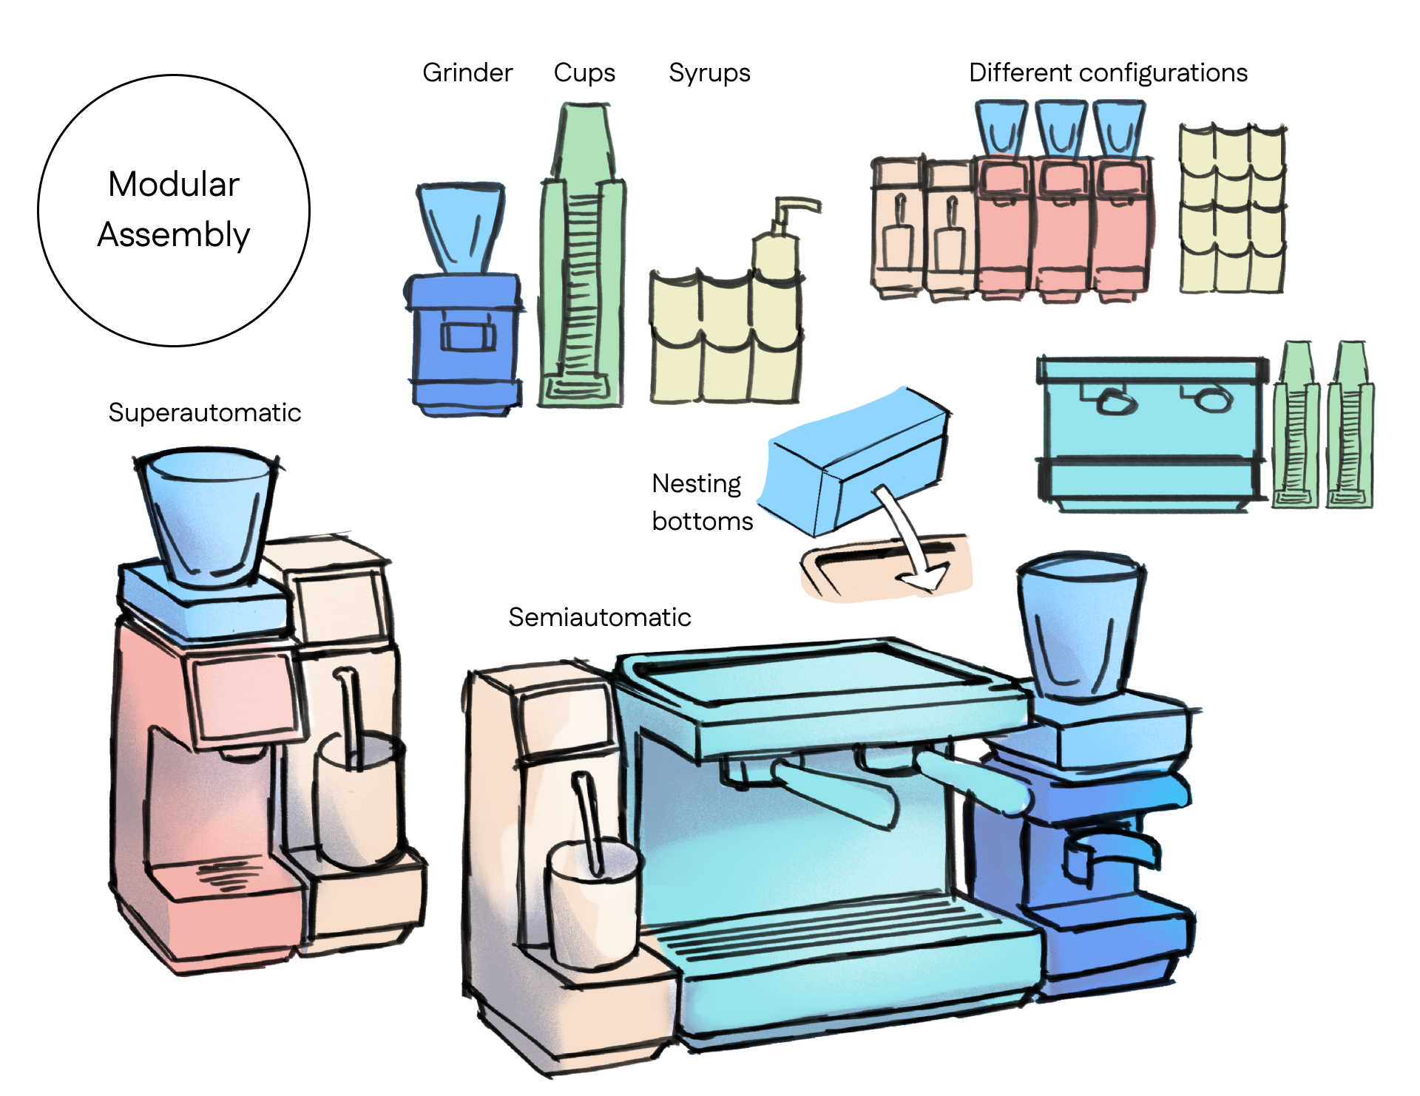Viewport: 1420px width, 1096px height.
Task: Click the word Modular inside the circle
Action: coord(174,184)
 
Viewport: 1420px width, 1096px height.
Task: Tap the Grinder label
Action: coord(467,72)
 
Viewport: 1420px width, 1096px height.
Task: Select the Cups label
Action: coord(584,72)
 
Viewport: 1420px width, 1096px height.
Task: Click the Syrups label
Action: coord(709,72)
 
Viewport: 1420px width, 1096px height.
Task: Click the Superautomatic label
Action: coord(204,412)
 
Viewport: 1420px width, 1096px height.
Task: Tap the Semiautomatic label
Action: coord(599,617)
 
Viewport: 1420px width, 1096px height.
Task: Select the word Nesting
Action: coord(696,483)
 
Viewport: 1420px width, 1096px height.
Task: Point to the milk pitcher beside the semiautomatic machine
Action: coord(592,902)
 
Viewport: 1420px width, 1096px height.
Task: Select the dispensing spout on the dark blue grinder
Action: coord(1109,850)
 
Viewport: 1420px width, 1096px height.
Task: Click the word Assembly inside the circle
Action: coord(174,234)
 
